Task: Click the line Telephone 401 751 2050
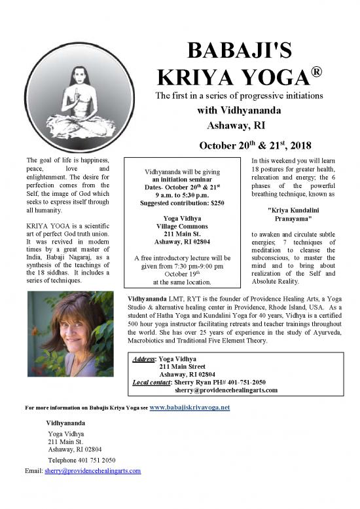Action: (x=82, y=460)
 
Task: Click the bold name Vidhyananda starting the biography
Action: (x=148, y=299)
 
